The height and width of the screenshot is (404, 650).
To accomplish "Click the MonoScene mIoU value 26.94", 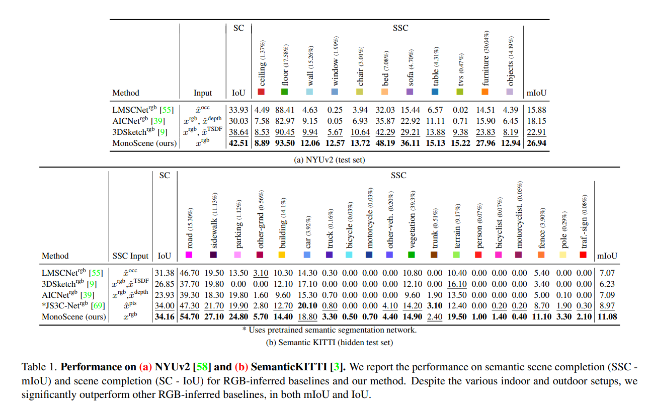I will (536, 143).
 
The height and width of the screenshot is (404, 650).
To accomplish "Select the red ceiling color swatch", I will (261, 92).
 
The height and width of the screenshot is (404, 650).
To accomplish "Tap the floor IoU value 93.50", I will (284, 143).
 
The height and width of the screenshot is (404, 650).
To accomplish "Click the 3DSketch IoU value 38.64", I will (239, 132).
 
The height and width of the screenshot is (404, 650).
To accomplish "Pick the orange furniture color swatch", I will (485, 92).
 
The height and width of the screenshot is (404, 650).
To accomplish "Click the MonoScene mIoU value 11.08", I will (607, 317).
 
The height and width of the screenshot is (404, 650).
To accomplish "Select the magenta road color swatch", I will (189, 255).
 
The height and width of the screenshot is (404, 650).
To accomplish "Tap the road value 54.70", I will (189, 317).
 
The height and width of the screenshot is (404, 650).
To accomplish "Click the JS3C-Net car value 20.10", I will (308, 306).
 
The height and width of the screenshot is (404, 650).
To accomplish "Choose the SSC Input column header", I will (130, 256).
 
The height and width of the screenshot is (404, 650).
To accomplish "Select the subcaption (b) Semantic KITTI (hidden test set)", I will (330, 343).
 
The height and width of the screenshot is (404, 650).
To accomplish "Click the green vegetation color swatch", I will (412, 255).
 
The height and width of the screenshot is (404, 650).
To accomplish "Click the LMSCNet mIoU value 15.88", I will (536, 109).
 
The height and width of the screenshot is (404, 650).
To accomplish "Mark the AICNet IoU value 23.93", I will (165, 295).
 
